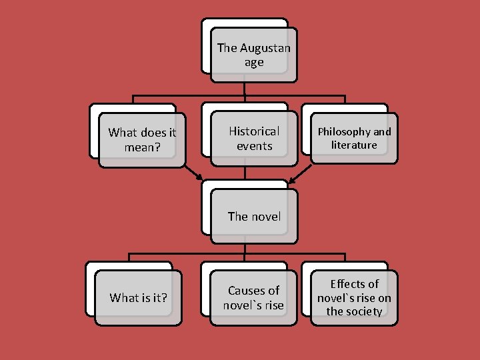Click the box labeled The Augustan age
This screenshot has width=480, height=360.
[x=253, y=55]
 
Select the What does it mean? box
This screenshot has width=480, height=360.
[x=142, y=139]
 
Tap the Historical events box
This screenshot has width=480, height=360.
[x=254, y=138]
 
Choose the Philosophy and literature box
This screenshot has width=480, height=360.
[x=354, y=138]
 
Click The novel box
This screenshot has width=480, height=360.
[x=254, y=216]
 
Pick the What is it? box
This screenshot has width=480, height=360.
[x=138, y=297]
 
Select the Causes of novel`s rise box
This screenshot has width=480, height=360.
[x=254, y=297]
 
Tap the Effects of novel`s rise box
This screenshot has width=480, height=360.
[x=354, y=297]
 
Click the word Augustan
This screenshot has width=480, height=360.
[x=265, y=48]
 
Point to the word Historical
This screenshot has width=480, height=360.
[x=254, y=131]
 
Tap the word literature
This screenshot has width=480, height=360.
[x=354, y=145]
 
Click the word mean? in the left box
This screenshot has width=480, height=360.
[x=142, y=147]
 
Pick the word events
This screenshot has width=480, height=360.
[x=254, y=145]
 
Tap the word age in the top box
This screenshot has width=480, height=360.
[x=254, y=63]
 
